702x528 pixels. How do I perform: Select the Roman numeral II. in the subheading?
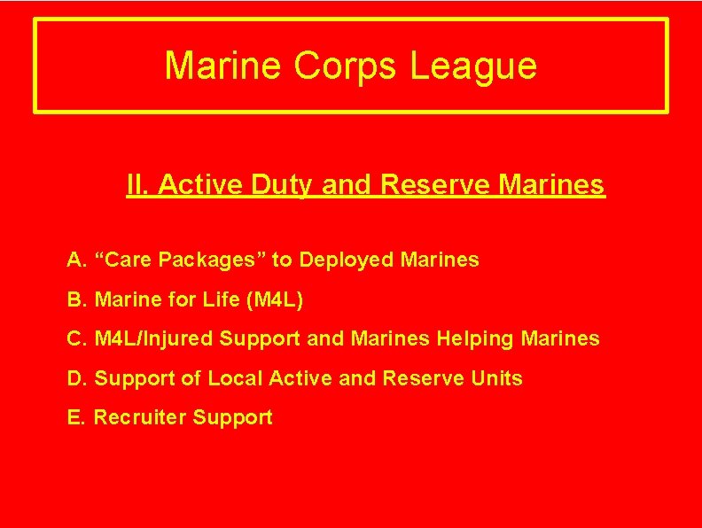pyautogui.click(x=137, y=185)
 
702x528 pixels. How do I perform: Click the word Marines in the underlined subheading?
pyautogui.click(x=552, y=185)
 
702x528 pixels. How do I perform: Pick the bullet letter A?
pyautogui.click(x=74, y=260)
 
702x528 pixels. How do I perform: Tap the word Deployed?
pyautogui.click(x=347, y=260)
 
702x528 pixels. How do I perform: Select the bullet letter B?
pyautogui.click(x=74, y=299)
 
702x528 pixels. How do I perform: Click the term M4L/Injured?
pyautogui.click(x=153, y=338)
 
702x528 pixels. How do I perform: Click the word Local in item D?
pyautogui.click(x=235, y=378)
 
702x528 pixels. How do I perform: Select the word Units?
pyautogui.click(x=496, y=378)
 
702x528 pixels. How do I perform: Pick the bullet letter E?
pyautogui.click(x=74, y=417)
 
